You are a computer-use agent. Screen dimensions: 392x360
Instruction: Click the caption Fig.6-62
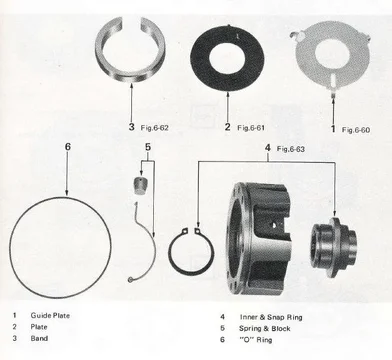(x=154, y=127)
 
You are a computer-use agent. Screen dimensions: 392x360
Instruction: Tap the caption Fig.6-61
(x=251, y=128)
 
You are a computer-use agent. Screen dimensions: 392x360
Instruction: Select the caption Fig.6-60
(x=356, y=130)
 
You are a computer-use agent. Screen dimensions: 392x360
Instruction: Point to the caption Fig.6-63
(x=291, y=149)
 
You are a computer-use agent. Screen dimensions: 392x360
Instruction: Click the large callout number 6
(x=68, y=146)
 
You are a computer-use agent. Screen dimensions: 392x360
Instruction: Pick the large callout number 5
(x=148, y=146)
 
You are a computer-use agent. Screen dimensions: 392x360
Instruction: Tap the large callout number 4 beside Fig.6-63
(x=268, y=148)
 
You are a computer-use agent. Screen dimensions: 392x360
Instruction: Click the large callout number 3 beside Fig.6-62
(x=132, y=127)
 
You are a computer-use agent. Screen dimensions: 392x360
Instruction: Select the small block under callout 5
(x=140, y=185)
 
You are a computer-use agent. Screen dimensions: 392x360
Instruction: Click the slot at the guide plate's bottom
(x=334, y=80)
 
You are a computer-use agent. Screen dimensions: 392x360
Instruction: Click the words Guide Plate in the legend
(x=50, y=315)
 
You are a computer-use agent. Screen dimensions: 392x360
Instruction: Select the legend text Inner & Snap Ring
(x=271, y=317)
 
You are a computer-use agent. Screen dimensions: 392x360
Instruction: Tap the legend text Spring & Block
(x=265, y=328)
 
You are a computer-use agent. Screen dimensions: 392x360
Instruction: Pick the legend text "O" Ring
(x=256, y=340)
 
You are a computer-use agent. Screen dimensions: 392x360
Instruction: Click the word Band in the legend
(x=39, y=338)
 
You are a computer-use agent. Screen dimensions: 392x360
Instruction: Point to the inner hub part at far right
(x=334, y=247)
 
